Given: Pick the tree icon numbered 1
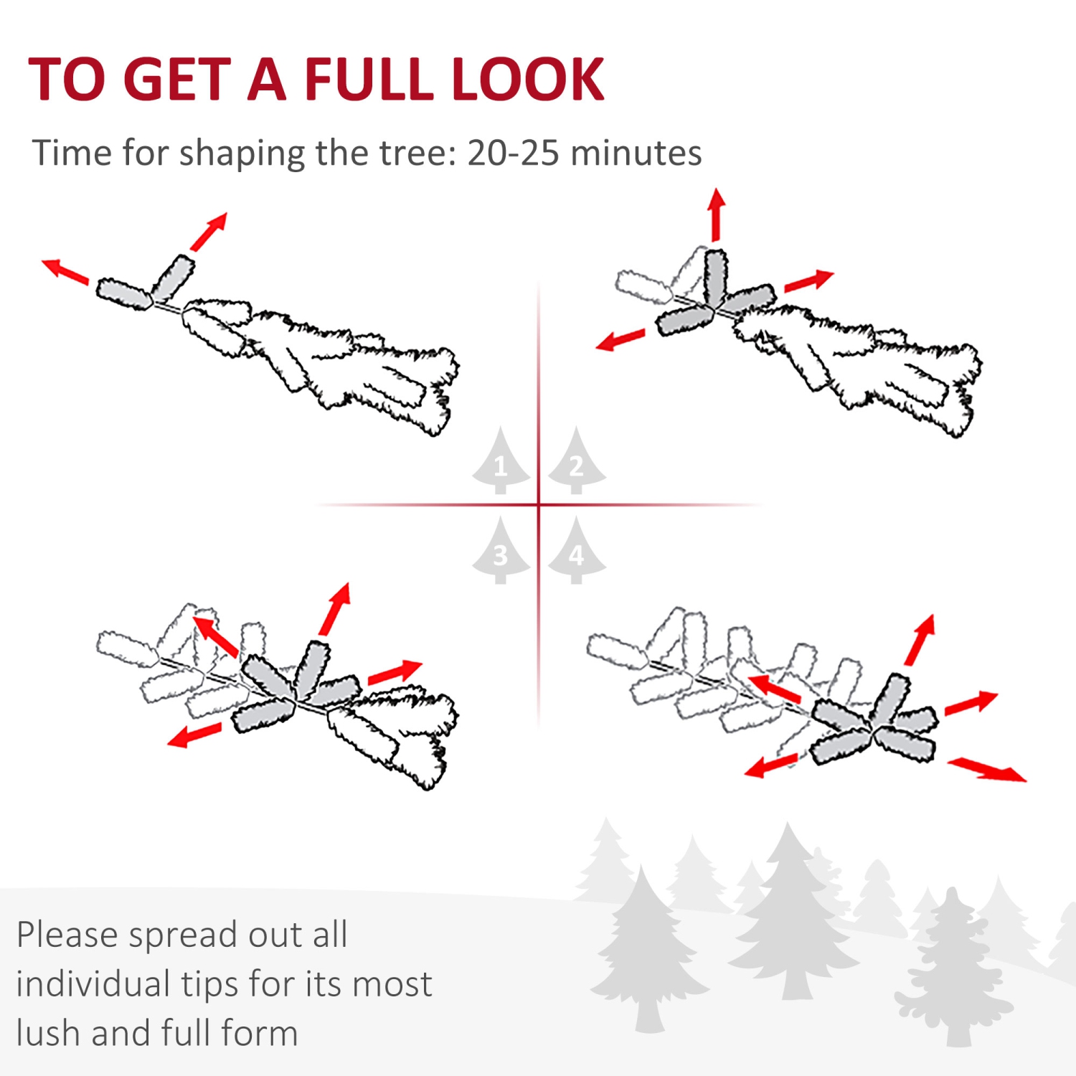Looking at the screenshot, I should (x=501, y=463).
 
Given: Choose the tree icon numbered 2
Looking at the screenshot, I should (x=576, y=463).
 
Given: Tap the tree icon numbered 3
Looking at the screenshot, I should (x=501, y=552).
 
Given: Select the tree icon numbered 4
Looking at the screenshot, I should (x=576, y=552).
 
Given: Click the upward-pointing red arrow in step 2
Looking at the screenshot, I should (x=716, y=214).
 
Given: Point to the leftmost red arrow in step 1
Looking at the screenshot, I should (x=65, y=270).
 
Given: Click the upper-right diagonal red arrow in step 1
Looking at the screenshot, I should (x=209, y=230).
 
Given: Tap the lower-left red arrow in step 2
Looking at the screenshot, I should (x=620, y=339).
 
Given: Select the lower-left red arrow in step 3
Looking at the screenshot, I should (x=194, y=735).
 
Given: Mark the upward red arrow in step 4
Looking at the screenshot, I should (x=920, y=638).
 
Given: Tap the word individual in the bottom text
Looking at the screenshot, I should (x=92, y=984).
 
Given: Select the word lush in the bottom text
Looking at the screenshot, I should (x=47, y=1033).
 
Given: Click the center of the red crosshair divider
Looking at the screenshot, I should (x=539, y=505).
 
